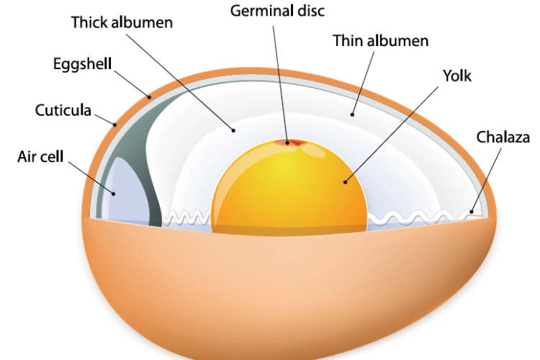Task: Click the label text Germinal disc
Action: click(x=277, y=11)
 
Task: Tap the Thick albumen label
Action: click(x=122, y=22)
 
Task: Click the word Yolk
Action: click(x=457, y=74)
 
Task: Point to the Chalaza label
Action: click(x=502, y=136)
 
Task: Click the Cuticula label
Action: click(x=63, y=110)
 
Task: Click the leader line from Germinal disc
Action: click(x=282, y=79)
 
